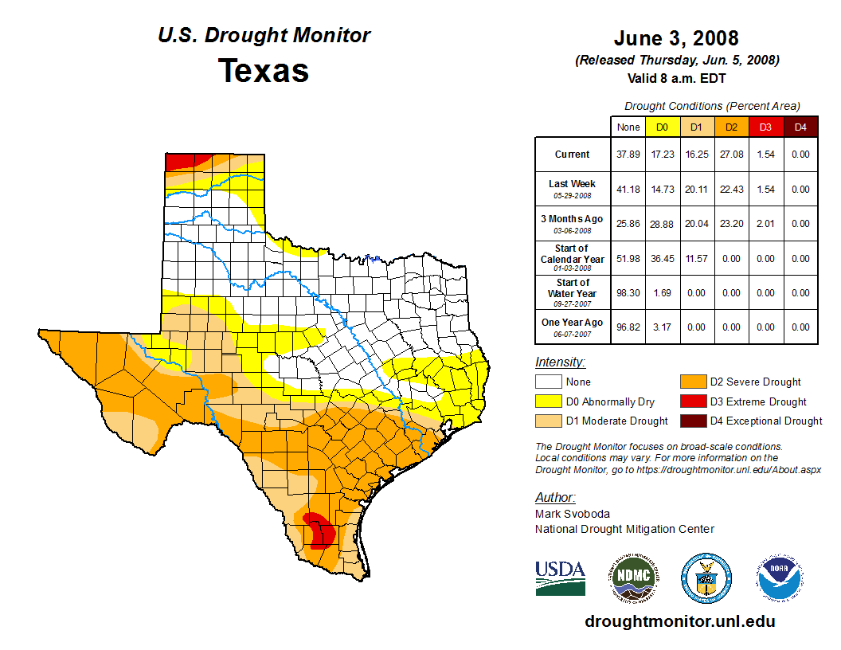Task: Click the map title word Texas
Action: coord(264,71)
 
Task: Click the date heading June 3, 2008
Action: coord(676,38)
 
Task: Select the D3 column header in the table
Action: coord(765,127)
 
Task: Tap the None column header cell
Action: coord(628,127)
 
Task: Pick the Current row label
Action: coord(573,155)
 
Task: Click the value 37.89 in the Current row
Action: coord(628,155)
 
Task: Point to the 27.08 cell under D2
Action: coord(731,155)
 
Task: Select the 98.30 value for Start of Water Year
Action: coord(628,292)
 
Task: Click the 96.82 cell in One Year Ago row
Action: coord(628,327)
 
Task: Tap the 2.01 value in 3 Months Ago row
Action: coord(765,224)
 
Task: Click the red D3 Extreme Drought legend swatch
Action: coord(691,401)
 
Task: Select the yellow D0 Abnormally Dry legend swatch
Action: coord(548,401)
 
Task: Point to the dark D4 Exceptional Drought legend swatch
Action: coord(691,421)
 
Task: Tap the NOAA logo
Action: coord(780,578)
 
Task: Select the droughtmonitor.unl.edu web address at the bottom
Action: coord(679,621)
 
